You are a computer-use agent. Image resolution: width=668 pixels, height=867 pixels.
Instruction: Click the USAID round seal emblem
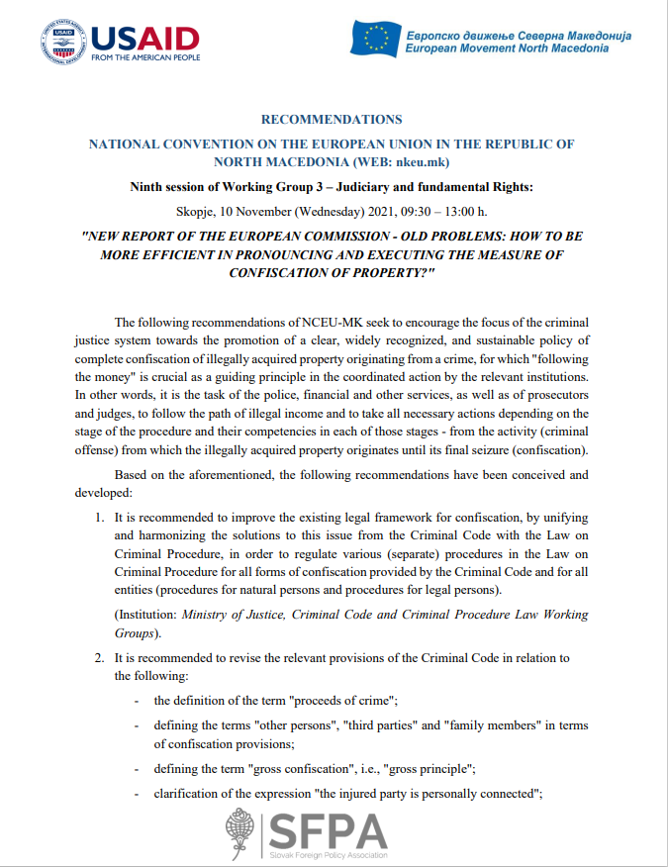tap(62, 43)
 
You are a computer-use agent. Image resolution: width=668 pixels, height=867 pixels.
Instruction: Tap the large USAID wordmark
tap(144, 37)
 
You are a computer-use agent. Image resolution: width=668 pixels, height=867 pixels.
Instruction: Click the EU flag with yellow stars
tap(376, 38)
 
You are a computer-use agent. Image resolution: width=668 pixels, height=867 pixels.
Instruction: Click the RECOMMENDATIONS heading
tap(332, 120)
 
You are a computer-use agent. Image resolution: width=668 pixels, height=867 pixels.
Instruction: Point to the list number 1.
tap(100, 518)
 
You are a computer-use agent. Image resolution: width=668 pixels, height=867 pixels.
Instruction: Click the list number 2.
tap(100, 658)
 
